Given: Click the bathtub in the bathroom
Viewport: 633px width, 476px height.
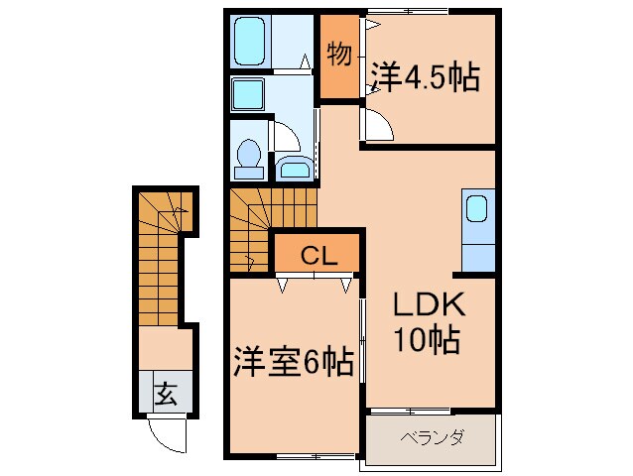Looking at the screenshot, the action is [x=250, y=41].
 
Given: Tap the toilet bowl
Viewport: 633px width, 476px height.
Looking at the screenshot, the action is [x=248, y=154].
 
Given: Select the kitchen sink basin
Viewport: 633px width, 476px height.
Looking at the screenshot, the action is [x=477, y=208].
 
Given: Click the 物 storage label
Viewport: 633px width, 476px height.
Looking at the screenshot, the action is [x=339, y=55].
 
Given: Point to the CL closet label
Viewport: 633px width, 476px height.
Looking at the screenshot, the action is [x=318, y=255].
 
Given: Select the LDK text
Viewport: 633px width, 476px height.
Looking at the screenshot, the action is [x=430, y=305].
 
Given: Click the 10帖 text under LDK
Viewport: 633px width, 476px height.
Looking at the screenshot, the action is [x=427, y=339].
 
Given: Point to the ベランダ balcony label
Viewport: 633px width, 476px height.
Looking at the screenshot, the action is [x=433, y=437].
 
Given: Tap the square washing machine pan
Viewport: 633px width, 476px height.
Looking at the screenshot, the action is [x=248, y=94].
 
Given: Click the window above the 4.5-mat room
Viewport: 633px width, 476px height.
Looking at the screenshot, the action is [x=408, y=11].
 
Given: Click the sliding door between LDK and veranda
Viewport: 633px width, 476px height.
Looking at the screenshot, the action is [x=410, y=412].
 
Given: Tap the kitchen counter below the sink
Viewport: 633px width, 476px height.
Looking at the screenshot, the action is [x=478, y=258].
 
